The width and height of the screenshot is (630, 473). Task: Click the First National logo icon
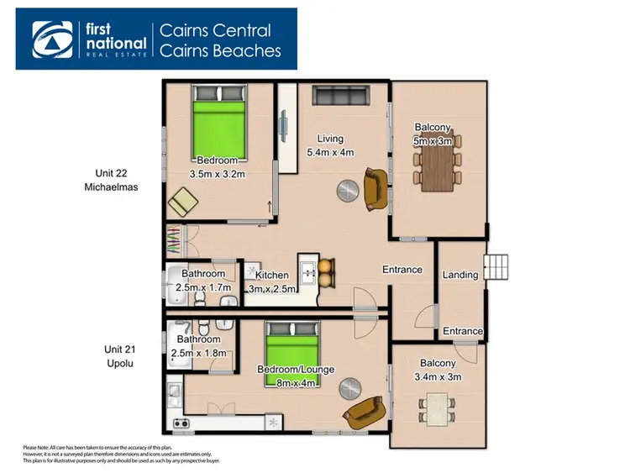pyautogui.click(x=52, y=38)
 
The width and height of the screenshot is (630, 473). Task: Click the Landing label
pyautogui.click(x=460, y=275)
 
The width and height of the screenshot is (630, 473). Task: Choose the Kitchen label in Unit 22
pyautogui.click(x=272, y=275)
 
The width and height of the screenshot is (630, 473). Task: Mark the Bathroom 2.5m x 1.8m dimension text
pyautogui.click(x=198, y=354)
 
